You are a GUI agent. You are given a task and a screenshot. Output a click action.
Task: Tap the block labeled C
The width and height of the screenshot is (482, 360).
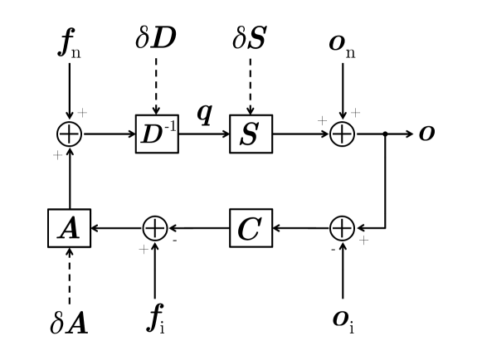click(250, 226)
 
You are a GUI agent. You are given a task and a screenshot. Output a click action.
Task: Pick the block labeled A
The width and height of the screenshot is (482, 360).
click(69, 226)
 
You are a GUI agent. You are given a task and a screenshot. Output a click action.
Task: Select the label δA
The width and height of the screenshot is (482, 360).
click(69, 322)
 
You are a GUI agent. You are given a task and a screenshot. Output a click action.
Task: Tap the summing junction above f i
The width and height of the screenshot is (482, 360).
click(155, 226)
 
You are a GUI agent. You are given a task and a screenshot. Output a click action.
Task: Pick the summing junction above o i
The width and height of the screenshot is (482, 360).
click(343, 226)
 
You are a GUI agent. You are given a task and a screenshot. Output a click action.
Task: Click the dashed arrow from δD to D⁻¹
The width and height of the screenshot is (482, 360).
click(156, 87)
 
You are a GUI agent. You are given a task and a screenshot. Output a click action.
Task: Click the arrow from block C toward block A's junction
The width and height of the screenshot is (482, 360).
click(199, 226)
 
